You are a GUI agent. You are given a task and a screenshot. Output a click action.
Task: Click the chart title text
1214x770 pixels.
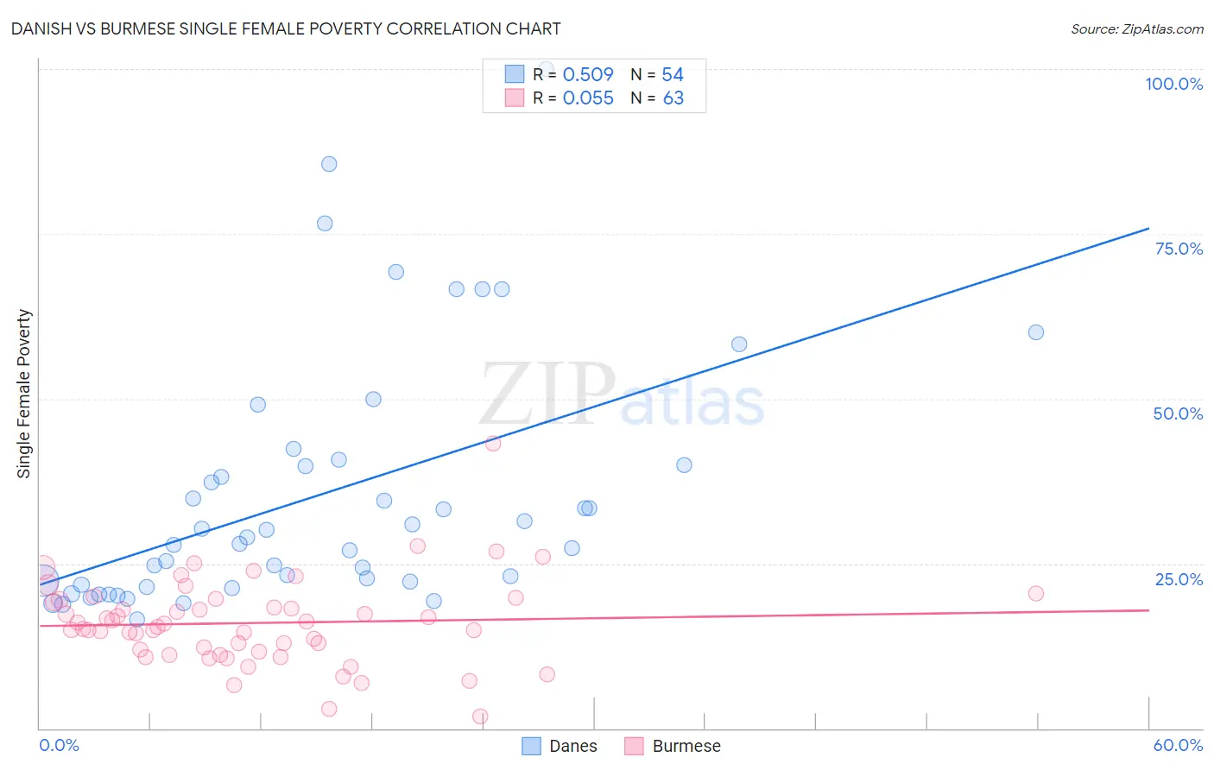pyautogui.click(x=286, y=28)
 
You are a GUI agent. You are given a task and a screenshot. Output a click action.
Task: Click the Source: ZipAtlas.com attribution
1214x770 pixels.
pyautogui.click(x=1136, y=28)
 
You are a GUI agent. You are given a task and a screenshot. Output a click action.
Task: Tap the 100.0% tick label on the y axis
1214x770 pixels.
pyautogui.click(x=1173, y=84)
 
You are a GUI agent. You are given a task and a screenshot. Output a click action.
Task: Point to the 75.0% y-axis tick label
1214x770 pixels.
pyautogui.click(x=1179, y=249)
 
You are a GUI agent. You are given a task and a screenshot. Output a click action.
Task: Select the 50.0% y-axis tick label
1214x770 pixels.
pyautogui.click(x=1178, y=413)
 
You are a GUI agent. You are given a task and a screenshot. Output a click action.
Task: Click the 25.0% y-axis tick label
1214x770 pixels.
pyautogui.click(x=1179, y=579)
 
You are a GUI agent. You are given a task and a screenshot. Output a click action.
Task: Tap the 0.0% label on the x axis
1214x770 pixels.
pyautogui.click(x=59, y=745)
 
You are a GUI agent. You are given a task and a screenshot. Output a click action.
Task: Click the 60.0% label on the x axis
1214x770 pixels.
pyautogui.click(x=1178, y=745)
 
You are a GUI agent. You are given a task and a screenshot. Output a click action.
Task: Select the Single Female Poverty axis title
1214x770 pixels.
pyautogui.click(x=24, y=394)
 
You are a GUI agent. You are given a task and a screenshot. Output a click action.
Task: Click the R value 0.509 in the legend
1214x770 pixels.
pyautogui.click(x=588, y=75)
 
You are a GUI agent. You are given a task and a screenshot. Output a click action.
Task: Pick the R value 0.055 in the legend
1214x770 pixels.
pyautogui.click(x=588, y=98)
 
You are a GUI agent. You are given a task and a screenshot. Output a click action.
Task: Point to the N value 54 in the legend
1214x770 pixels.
pyautogui.click(x=673, y=75)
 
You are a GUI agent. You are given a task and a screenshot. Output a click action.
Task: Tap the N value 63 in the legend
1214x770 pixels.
pyautogui.click(x=673, y=98)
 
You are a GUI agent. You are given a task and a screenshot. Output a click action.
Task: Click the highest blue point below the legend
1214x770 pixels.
pyautogui.click(x=329, y=164)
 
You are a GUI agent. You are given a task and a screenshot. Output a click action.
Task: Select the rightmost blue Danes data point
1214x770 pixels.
pyautogui.click(x=1036, y=332)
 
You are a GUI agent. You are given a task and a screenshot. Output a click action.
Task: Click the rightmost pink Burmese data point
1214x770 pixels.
pyautogui.click(x=1036, y=593)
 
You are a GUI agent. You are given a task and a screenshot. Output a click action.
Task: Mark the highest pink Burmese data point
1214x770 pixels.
pyautogui.click(x=493, y=444)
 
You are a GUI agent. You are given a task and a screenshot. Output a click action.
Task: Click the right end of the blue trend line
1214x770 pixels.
pyautogui.click(x=1148, y=229)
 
